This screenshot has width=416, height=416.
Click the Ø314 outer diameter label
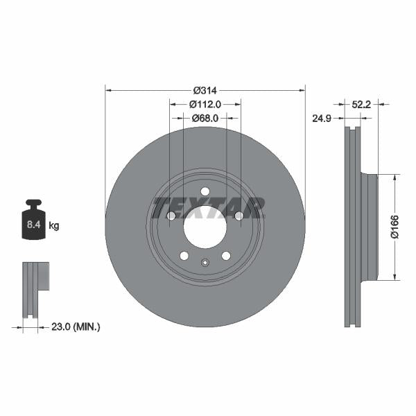point(205,90)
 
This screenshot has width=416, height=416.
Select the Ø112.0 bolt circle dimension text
point(205,104)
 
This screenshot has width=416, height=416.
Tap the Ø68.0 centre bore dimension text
point(205,118)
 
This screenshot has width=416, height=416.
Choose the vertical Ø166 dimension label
point(395,227)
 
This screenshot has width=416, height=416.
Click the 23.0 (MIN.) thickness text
point(77,325)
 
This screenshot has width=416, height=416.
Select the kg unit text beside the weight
point(53,225)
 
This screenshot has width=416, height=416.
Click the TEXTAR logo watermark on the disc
point(208,207)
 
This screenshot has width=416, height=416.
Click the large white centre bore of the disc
point(205,225)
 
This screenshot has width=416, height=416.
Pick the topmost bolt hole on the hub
point(205,191)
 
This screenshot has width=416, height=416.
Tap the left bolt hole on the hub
point(171,216)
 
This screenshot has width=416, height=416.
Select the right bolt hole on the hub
point(239,216)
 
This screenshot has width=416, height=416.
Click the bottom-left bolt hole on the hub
point(184,256)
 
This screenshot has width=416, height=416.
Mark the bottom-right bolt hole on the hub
point(226,256)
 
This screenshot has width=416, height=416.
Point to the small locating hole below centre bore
point(205,262)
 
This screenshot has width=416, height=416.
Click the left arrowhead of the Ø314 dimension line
point(107,90)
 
